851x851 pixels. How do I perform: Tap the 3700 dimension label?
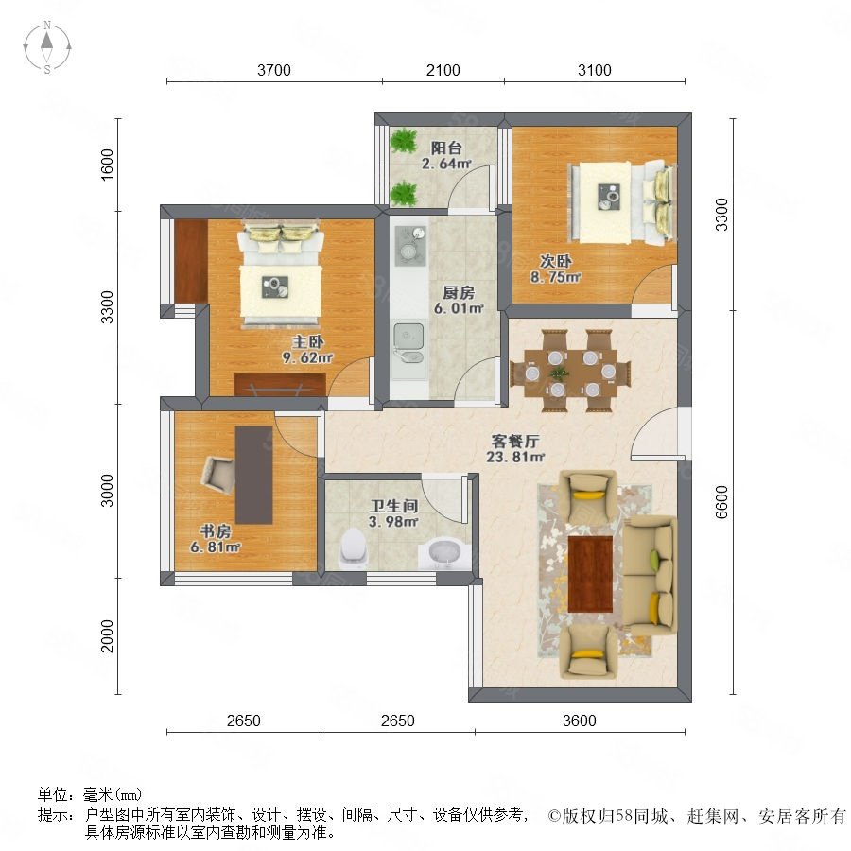274,70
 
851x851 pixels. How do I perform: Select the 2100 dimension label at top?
443,70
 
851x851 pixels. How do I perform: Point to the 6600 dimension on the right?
721,502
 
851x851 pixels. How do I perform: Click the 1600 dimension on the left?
108,164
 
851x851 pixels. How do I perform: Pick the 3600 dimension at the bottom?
579,721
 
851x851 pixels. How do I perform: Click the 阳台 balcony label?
446,148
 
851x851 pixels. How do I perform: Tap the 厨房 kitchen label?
459,293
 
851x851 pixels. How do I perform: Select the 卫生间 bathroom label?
394,507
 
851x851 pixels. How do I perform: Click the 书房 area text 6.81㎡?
215,547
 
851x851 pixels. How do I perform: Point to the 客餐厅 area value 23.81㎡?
515,457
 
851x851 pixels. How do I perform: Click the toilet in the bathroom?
354,548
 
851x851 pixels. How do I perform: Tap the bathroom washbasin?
444,553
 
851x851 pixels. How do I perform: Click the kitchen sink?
408,343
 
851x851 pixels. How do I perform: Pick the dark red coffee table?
590,574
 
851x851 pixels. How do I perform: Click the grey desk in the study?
254,475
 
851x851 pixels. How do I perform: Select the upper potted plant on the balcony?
403,141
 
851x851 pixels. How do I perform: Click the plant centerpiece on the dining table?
559,373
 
